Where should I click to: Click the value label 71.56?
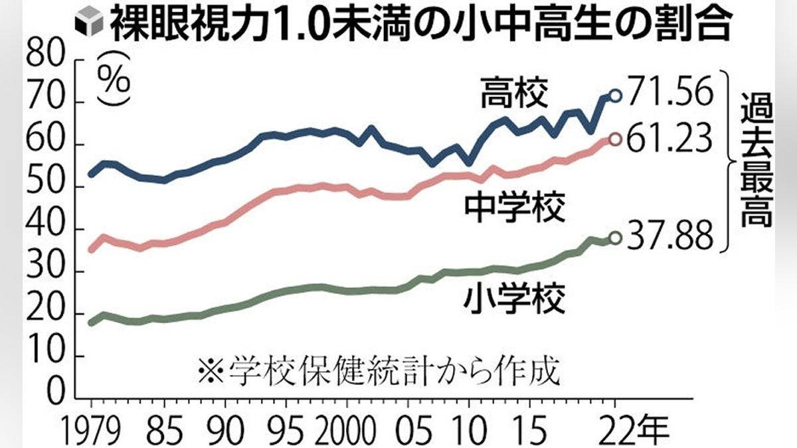pyautogui.click(x=669, y=95)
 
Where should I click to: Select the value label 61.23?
pyautogui.click(x=669, y=139)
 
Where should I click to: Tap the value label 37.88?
pyautogui.click(x=669, y=237)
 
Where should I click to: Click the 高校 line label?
pyautogui.click(x=514, y=94)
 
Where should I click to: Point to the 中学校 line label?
pyautogui.click(x=514, y=208)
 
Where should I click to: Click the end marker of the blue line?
pyautogui.click(x=615, y=96)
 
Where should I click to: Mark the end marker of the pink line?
pyautogui.click(x=615, y=139)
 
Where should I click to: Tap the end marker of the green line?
pyautogui.click(x=615, y=238)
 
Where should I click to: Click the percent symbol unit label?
pyautogui.click(x=114, y=81)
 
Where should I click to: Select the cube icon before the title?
pyautogui.click(x=86, y=26)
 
